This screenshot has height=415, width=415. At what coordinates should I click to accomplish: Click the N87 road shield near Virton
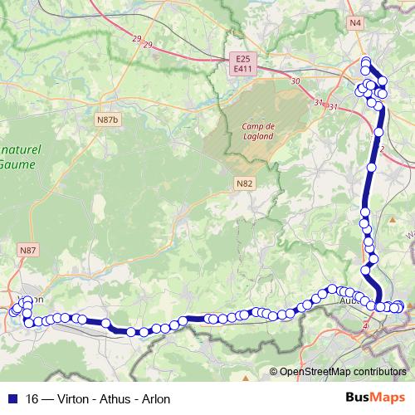click(28, 250)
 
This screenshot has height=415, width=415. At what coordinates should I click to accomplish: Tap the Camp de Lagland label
click(258, 132)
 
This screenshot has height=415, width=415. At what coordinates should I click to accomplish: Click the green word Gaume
click(19, 166)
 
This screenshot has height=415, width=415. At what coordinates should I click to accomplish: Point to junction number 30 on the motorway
click(295, 81)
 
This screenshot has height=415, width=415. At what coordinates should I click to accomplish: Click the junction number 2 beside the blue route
click(383, 149)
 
